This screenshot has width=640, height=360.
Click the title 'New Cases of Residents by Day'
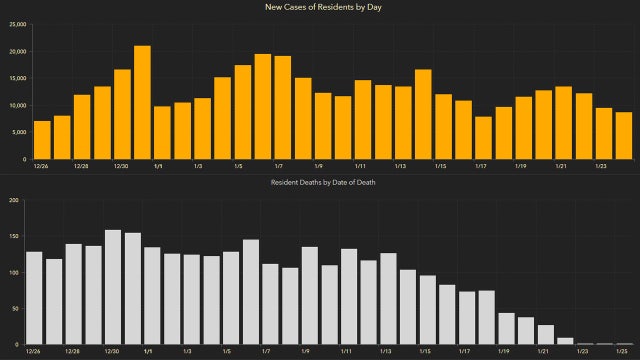tap(319, 8)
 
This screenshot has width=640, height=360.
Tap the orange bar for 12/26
tap(42, 140)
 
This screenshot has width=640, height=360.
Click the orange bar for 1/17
tap(483, 138)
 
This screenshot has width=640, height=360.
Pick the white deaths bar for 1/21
tap(546, 335)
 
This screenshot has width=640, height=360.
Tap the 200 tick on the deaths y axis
tap(14, 200)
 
